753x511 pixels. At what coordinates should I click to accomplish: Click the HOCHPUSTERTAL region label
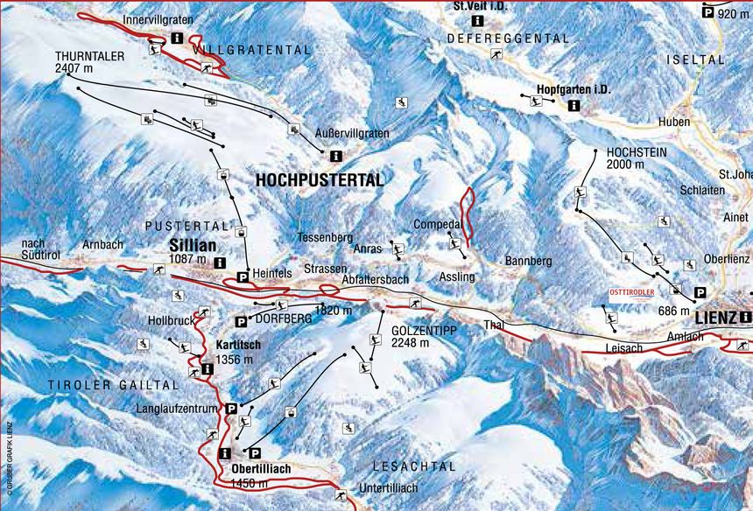click(320, 180)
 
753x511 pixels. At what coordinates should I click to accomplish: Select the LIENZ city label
click(717, 317)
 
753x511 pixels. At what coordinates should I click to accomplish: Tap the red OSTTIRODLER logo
click(630, 293)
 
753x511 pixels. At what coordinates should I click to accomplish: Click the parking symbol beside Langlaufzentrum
click(231, 409)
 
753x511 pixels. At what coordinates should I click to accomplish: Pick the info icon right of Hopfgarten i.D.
click(574, 105)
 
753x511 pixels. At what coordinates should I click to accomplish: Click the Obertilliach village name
click(261, 469)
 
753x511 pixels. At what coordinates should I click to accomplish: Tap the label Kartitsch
click(239, 345)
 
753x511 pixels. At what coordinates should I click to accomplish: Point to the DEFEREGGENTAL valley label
click(508, 38)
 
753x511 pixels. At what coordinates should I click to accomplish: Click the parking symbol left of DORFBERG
click(241, 322)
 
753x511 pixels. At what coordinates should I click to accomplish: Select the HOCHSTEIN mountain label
click(637, 151)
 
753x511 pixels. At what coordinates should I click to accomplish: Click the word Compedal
click(437, 224)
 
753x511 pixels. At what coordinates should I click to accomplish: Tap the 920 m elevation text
click(733, 13)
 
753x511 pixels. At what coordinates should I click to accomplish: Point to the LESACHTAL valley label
click(414, 466)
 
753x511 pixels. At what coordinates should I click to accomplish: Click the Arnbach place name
click(103, 244)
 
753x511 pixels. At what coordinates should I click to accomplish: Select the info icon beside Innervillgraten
click(177, 38)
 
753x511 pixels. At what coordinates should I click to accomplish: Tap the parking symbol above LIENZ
click(700, 293)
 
